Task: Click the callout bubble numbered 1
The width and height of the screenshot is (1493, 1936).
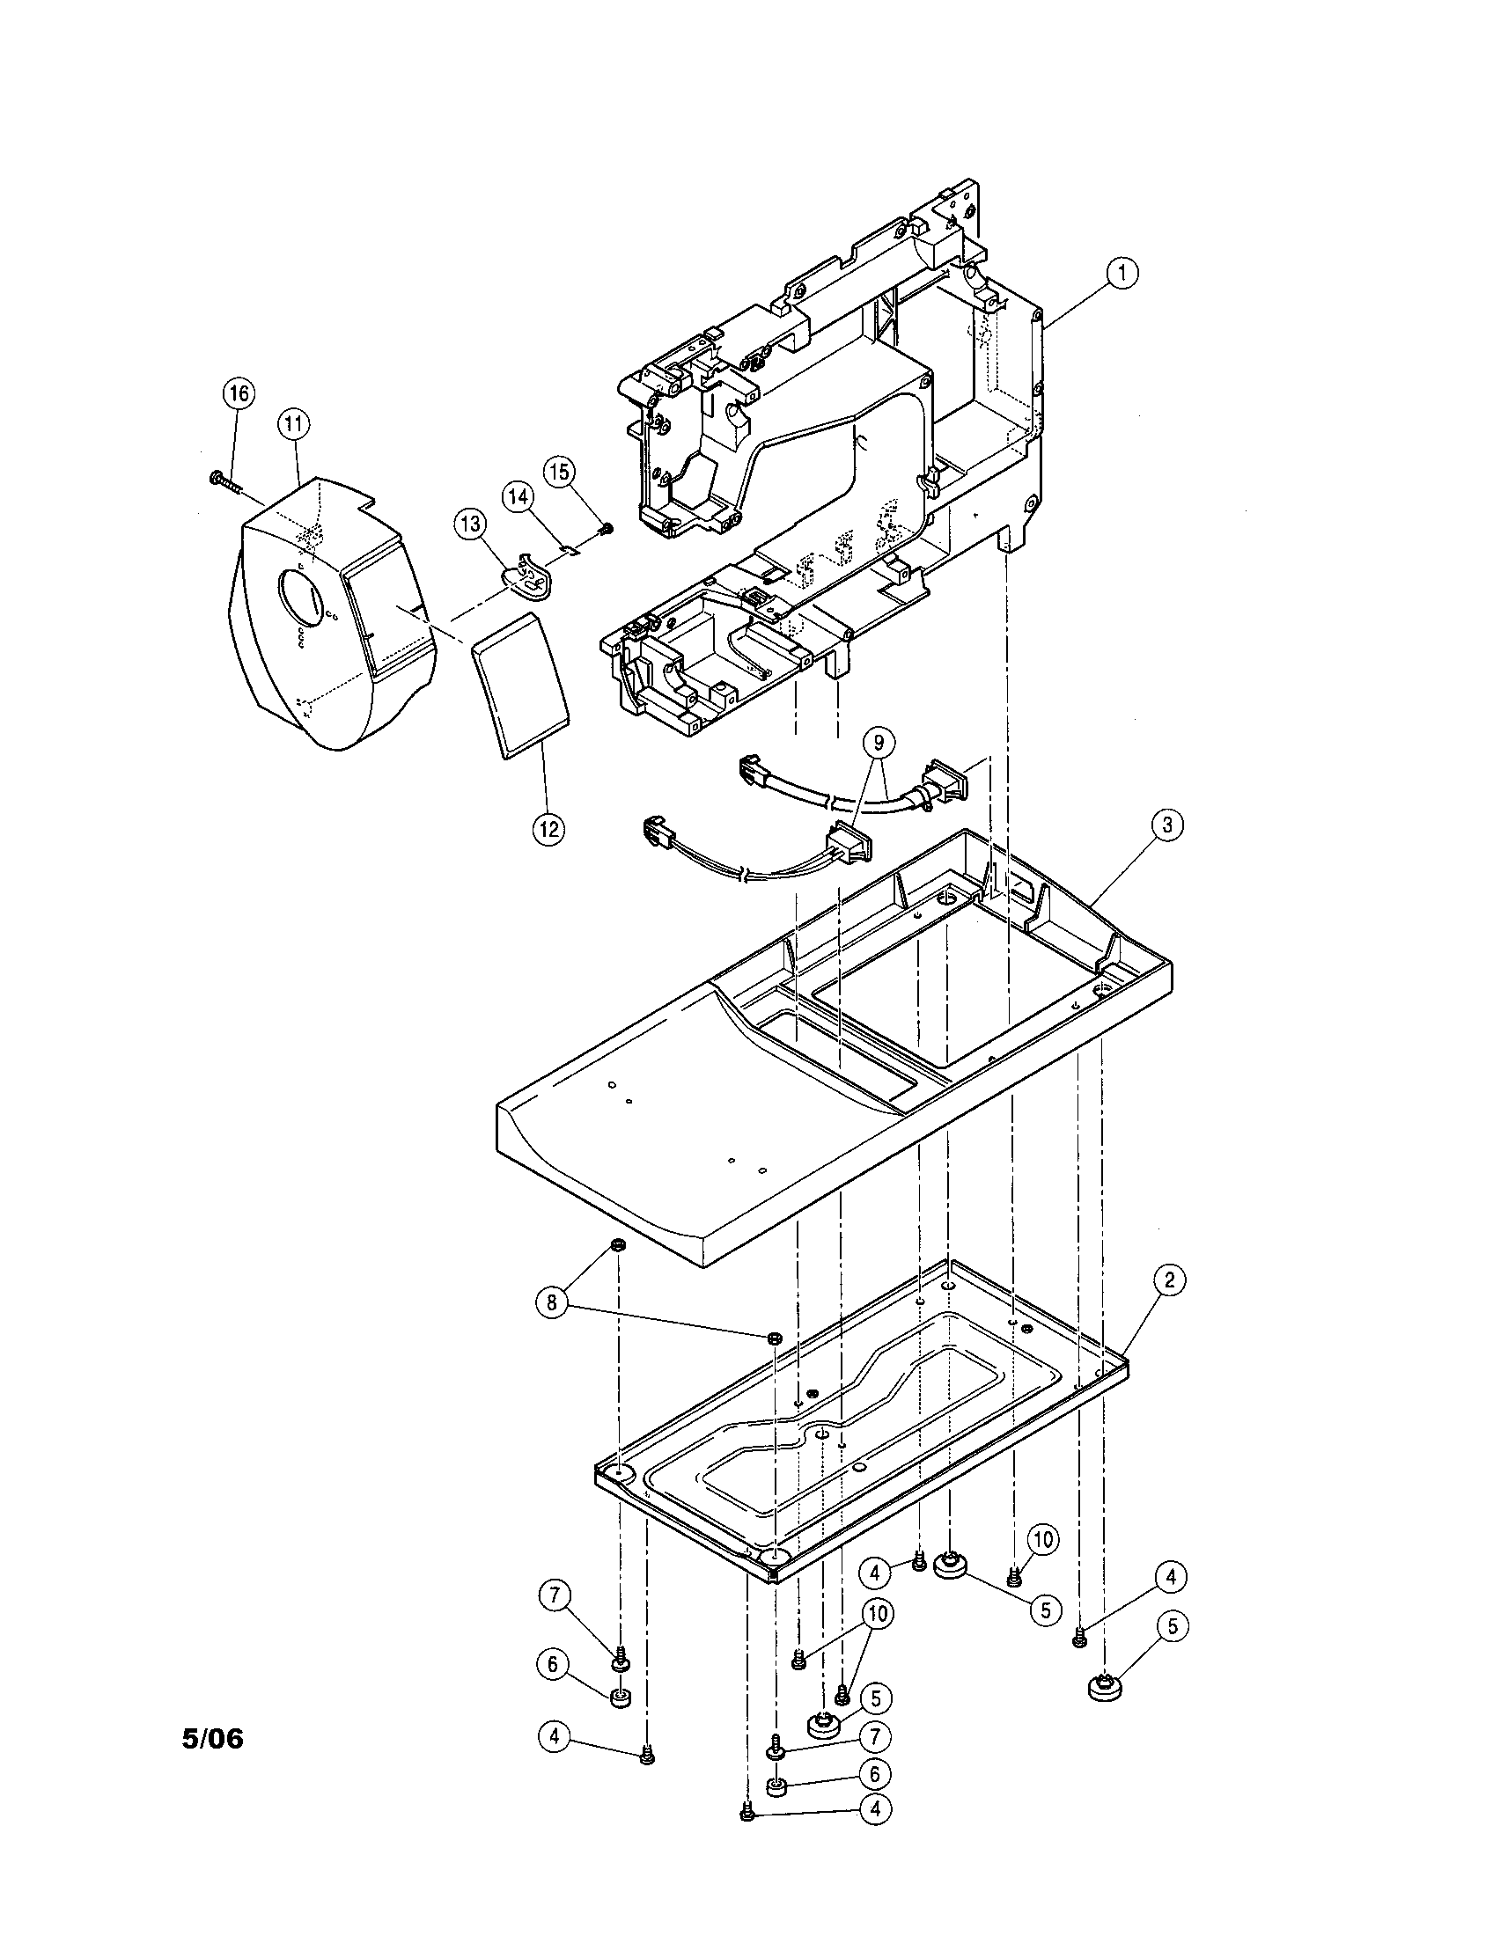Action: (x=1122, y=273)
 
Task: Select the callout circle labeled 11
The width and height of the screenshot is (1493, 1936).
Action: (x=293, y=425)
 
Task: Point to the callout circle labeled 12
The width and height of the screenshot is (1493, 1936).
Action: (x=548, y=829)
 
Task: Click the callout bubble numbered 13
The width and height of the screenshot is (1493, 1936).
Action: (x=471, y=524)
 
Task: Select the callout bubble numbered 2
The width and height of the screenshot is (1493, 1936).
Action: (x=1169, y=1280)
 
